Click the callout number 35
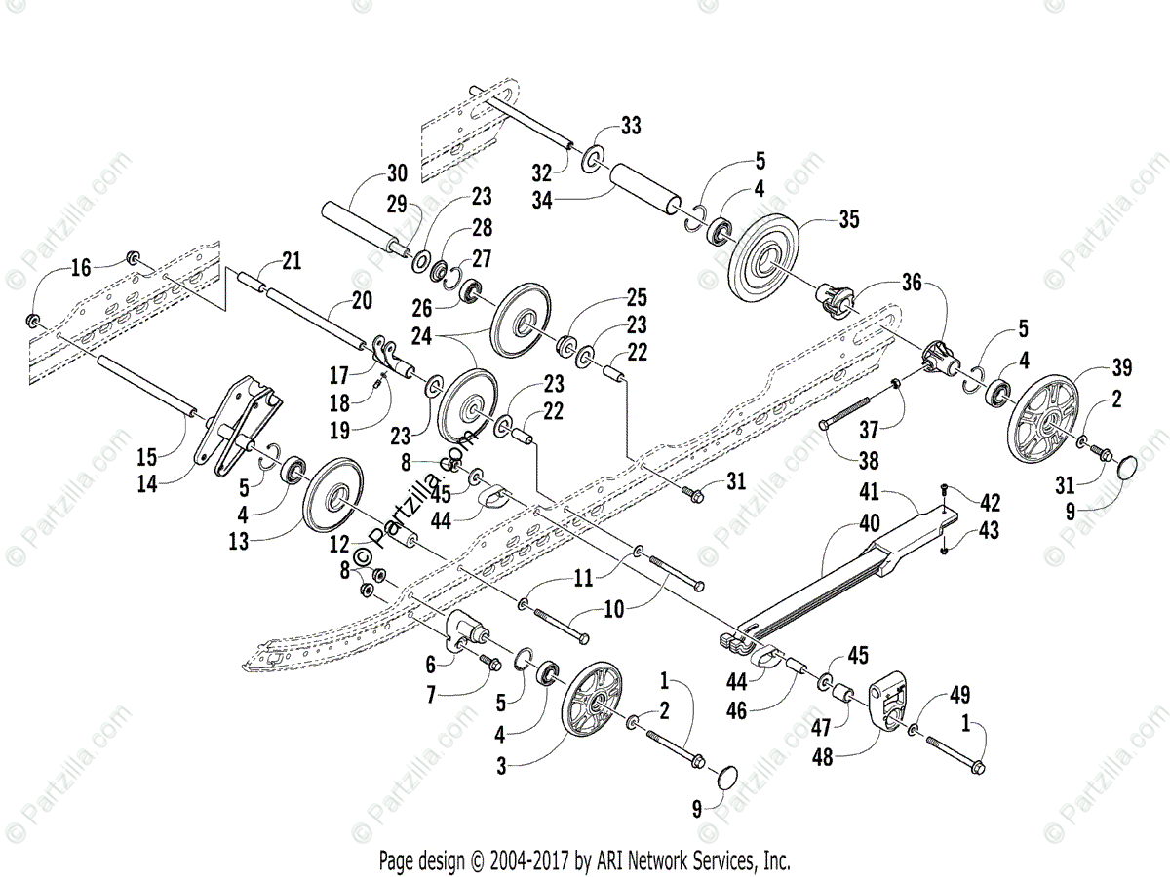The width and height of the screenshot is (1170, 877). tap(848, 220)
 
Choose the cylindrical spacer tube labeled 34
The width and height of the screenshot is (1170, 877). tap(644, 191)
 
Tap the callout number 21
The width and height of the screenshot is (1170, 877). tap(292, 260)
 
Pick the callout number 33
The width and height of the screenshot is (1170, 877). tap(632, 125)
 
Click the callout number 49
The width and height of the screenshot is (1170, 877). tap(960, 695)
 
